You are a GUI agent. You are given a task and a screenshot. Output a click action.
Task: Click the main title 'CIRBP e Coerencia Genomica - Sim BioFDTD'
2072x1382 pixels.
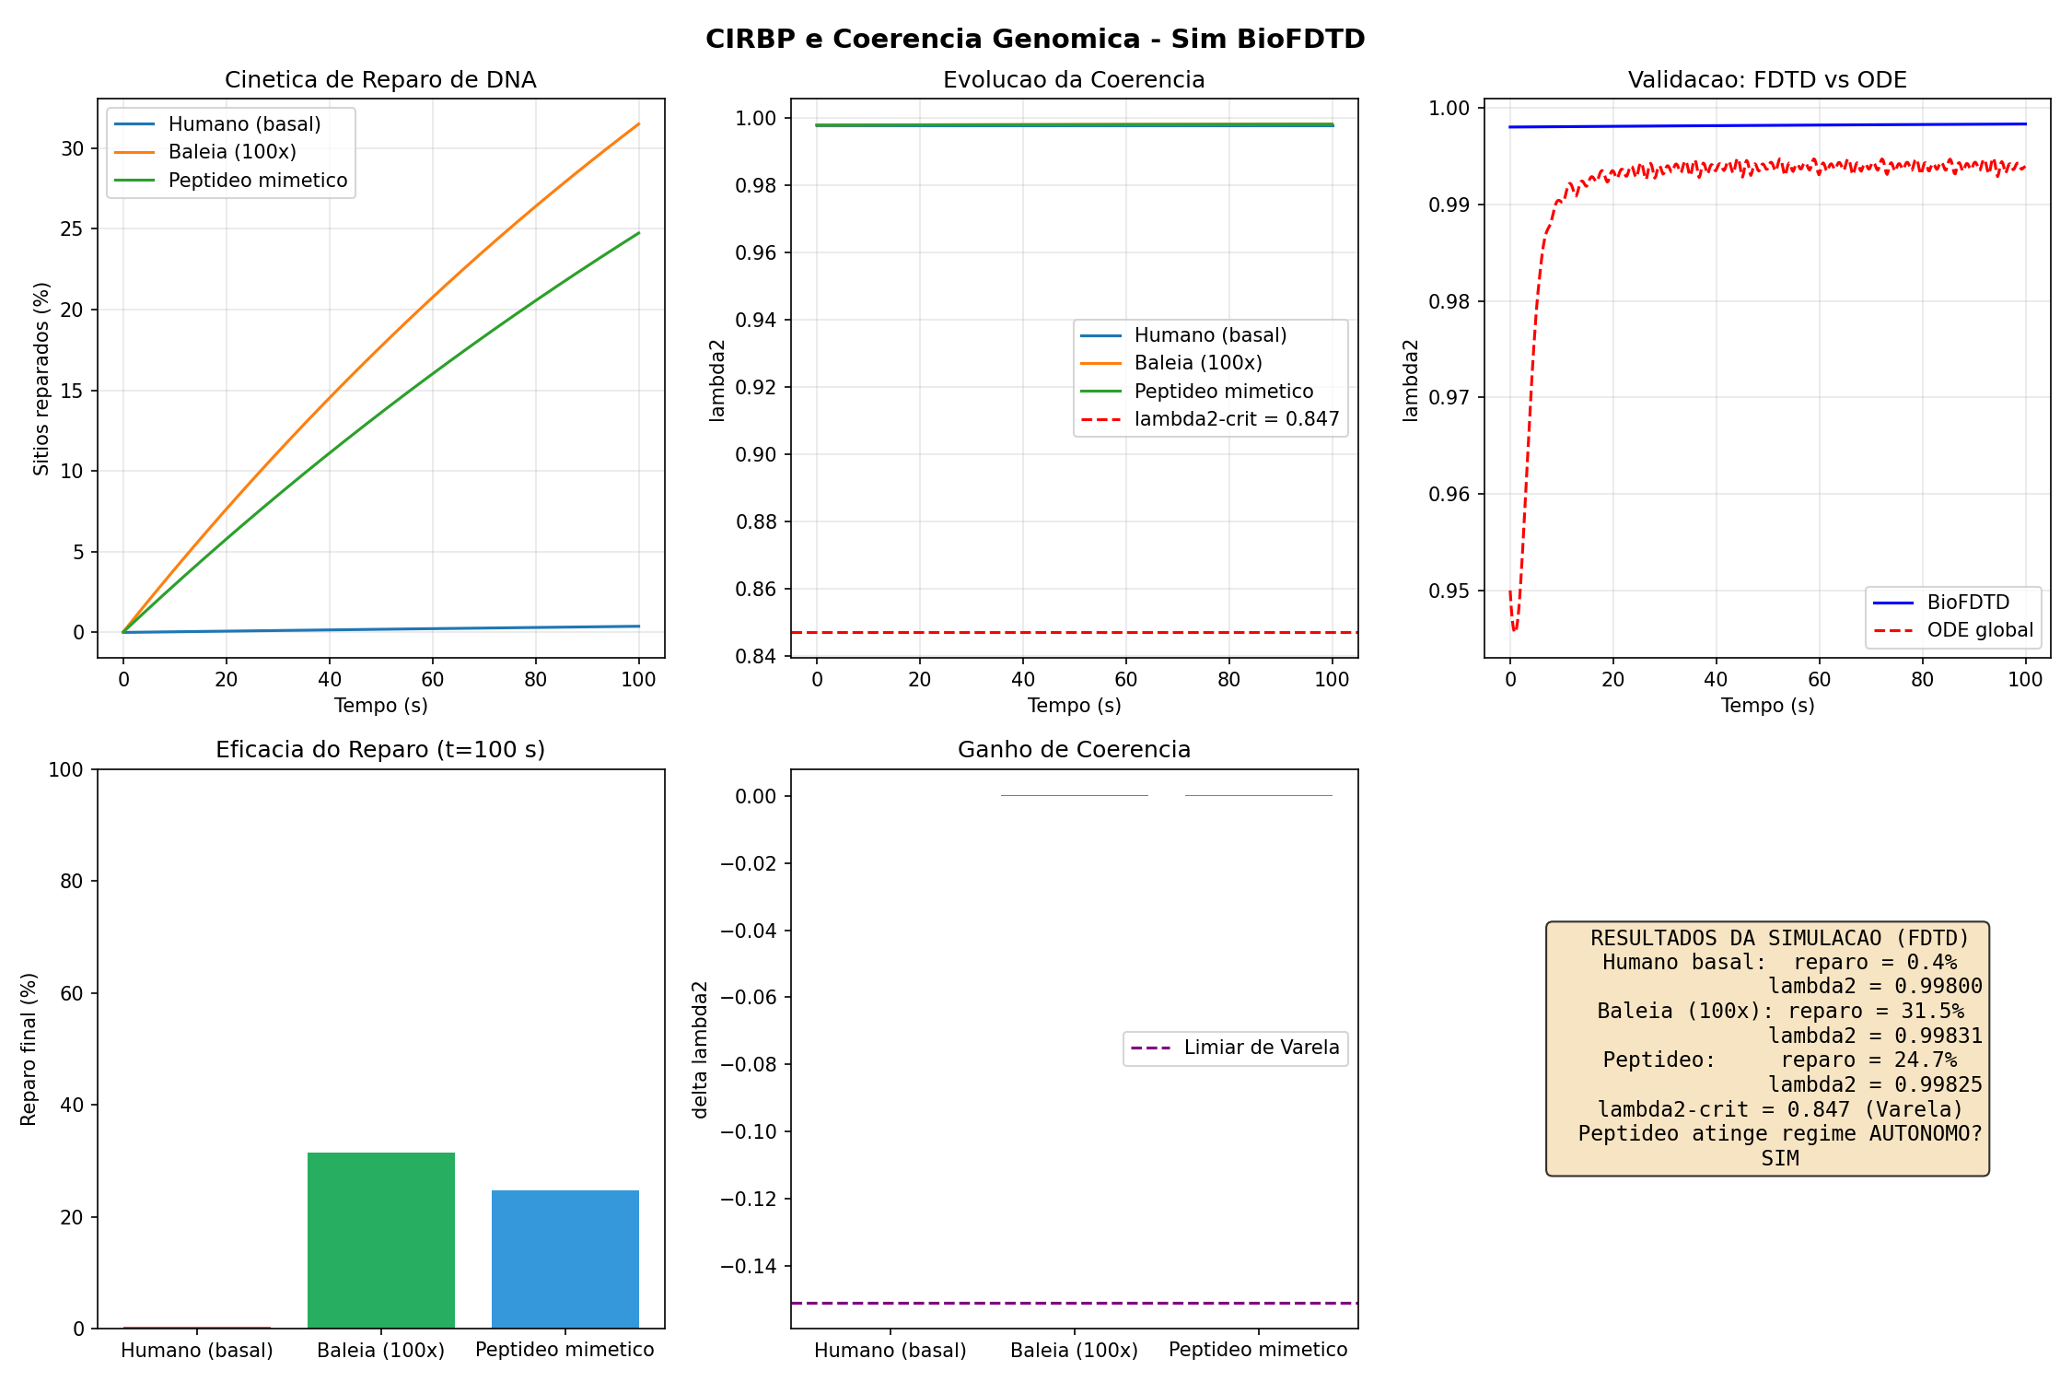[1035, 39]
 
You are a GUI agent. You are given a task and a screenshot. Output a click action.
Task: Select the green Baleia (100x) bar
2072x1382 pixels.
[380, 1239]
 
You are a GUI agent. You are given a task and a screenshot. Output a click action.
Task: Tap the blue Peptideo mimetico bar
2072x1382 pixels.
[565, 1259]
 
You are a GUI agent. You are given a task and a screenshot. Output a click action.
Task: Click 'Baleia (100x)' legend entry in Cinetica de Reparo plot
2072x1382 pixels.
[232, 152]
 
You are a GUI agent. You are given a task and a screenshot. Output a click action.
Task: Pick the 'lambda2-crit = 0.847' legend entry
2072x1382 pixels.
[1236, 419]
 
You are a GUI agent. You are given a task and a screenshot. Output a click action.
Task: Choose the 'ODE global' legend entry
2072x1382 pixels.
[1980, 630]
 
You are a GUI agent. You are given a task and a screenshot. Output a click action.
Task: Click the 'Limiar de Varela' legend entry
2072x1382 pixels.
[1261, 1048]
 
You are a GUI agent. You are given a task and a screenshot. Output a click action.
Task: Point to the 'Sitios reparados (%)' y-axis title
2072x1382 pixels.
[41, 379]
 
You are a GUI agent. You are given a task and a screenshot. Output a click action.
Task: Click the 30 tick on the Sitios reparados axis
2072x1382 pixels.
[72, 149]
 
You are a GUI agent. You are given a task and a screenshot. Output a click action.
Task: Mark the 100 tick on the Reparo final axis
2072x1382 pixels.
[65, 769]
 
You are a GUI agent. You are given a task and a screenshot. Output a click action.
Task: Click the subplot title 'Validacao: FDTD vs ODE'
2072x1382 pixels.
[1766, 80]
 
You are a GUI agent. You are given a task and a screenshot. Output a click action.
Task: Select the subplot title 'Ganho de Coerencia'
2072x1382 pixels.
[1074, 750]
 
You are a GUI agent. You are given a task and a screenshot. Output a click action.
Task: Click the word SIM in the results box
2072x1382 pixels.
[1779, 1158]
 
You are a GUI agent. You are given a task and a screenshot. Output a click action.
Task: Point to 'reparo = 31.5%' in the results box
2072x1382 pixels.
[1876, 1011]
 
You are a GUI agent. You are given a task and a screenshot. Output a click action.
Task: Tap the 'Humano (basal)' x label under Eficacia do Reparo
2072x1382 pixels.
[197, 1351]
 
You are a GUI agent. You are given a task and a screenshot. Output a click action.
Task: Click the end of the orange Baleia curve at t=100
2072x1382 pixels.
[638, 124]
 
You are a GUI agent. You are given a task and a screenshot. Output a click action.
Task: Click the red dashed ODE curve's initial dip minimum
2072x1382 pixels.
[1515, 630]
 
